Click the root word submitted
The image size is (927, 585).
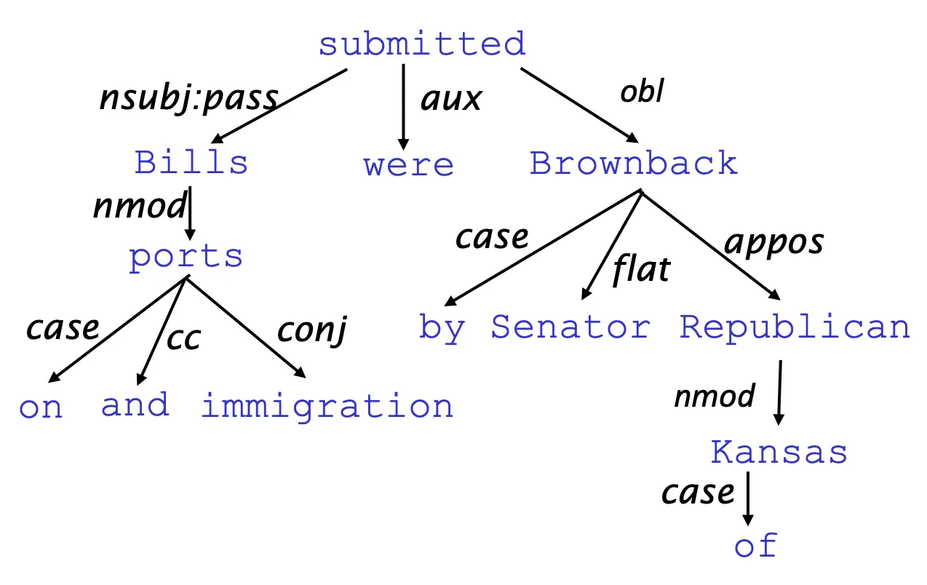tap(422, 44)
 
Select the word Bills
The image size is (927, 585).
tap(191, 162)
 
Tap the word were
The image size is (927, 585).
tap(408, 165)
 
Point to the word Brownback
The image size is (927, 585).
tap(634, 162)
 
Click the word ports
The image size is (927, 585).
tap(186, 258)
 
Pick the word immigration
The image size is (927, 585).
tap(327, 406)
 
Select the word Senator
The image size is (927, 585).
tap(570, 327)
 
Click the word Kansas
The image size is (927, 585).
tap(779, 452)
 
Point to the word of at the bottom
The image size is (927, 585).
tap(756, 545)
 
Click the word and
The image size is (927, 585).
tap(135, 405)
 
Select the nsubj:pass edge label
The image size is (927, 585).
tap(189, 98)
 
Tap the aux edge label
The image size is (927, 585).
tap(451, 100)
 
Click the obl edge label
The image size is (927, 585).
tap(642, 90)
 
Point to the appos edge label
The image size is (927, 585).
tap(774, 243)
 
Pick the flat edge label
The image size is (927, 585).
tap(642, 269)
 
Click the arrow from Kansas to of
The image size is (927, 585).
tap(748, 498)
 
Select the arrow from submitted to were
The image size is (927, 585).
tap(404, 107)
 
